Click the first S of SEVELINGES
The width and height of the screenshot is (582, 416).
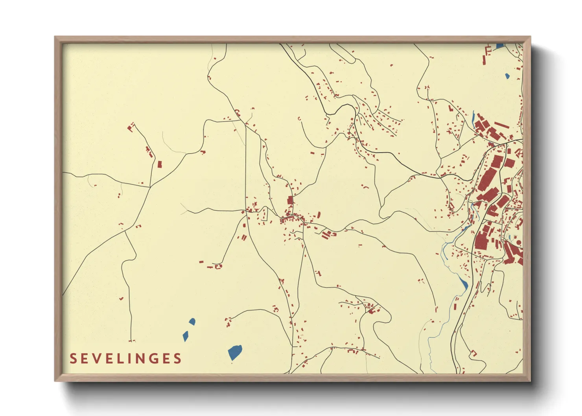pyautogui.click(x=73, y=359)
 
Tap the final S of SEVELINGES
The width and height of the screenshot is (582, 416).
pyautogui.click(x=178, y=359)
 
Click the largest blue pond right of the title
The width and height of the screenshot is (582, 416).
pyautogui.click(x=235, y=352)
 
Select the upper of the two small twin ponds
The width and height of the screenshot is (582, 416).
pyautogui.click(x=192, y=322)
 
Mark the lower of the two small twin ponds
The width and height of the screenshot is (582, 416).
pyautogui.click(x=186, y=336)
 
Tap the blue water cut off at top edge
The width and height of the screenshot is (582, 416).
pyautogui.click(x=500, y=46)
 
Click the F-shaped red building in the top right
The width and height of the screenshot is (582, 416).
pyautogui.click(x=487, y=53)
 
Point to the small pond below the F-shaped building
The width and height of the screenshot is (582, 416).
pyautogui.click(x=507, y=76)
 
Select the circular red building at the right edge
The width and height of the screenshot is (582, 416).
pyautogui.click(x=518, y=243)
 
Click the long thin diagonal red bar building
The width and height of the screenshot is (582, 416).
pyautogui.click(x=501, y=125)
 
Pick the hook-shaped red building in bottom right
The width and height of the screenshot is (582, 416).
pyautogui.click(x=474, y=353)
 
